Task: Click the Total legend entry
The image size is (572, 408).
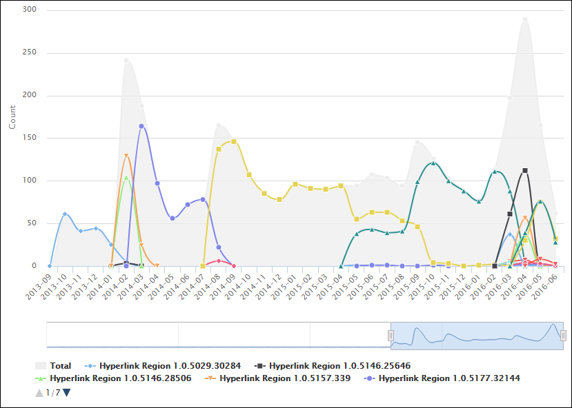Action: coord(60,365)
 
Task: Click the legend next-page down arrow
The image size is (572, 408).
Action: coord(67,393)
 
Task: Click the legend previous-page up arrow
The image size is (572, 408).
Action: coord(39,393)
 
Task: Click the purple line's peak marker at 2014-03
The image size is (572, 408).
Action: coord(141,126)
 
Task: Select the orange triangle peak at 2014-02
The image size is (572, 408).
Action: coord(126,156)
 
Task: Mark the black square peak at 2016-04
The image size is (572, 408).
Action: coord(525,170)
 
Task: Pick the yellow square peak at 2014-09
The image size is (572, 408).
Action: coord(234,141)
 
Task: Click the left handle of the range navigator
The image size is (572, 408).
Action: coord(391,335)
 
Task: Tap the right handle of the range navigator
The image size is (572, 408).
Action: coord(563,335)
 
